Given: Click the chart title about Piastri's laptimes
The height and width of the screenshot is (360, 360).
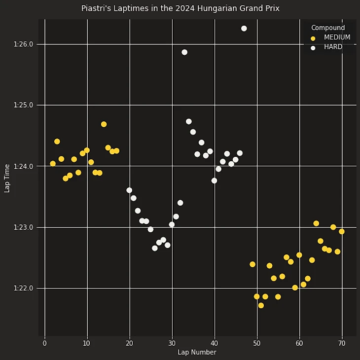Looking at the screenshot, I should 180,8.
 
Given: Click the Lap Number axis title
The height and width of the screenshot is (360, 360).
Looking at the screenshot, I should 197,352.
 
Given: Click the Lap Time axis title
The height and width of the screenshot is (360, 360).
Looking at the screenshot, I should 7,178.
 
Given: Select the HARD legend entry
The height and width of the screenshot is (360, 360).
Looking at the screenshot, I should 333,47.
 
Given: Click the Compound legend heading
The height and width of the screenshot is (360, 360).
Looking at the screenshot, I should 328,28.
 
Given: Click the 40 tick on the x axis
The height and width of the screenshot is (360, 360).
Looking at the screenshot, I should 215,343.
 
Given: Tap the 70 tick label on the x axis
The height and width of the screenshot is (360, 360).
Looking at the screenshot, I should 342,343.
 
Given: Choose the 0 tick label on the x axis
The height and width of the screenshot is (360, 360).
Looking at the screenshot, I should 45,343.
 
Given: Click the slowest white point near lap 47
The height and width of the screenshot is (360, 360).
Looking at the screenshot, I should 244,29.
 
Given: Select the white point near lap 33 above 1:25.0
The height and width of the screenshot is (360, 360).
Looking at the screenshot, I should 184,52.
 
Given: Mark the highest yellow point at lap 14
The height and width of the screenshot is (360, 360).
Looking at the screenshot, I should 104,124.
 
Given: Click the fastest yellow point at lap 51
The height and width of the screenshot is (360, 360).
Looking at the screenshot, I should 261,306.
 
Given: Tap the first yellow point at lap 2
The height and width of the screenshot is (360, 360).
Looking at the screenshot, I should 53,164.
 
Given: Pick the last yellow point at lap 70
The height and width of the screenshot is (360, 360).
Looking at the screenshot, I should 342,232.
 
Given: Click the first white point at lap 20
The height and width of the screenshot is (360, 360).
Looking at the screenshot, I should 129,190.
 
